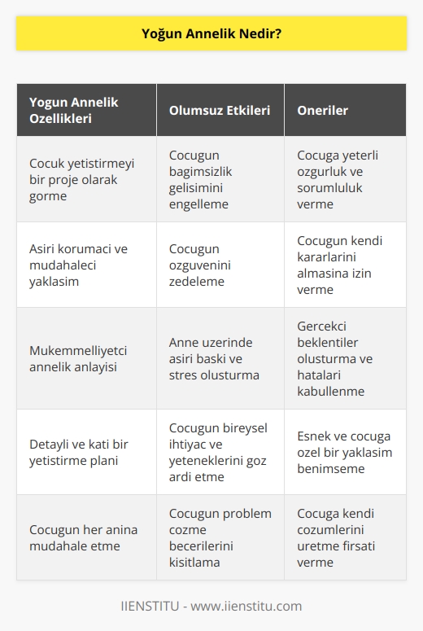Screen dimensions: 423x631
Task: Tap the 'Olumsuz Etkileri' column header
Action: (x=220, y=110)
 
